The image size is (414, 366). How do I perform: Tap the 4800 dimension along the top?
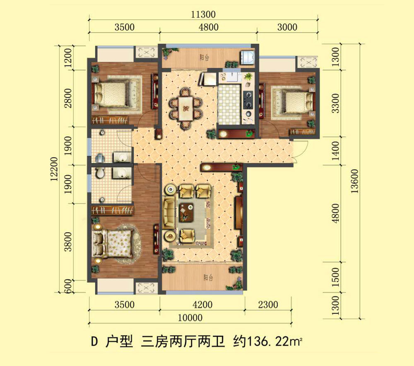(x=208, y=28)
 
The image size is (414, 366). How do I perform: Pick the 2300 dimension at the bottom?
(x=267, y=305)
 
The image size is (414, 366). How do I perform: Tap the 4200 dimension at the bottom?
(x=202, y=305)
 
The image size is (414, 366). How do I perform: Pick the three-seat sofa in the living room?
(x=169, y=213)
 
